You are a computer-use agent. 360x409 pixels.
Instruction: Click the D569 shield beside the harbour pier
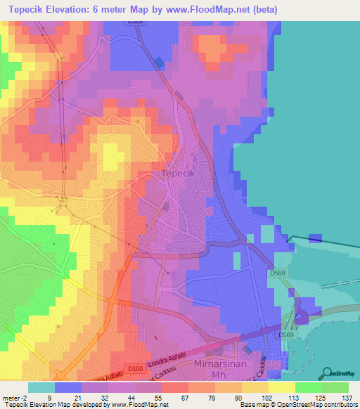[277, 272]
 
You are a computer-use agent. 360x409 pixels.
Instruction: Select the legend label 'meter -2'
[13, 398]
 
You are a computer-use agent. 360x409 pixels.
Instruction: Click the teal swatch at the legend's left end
[41, 387]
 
